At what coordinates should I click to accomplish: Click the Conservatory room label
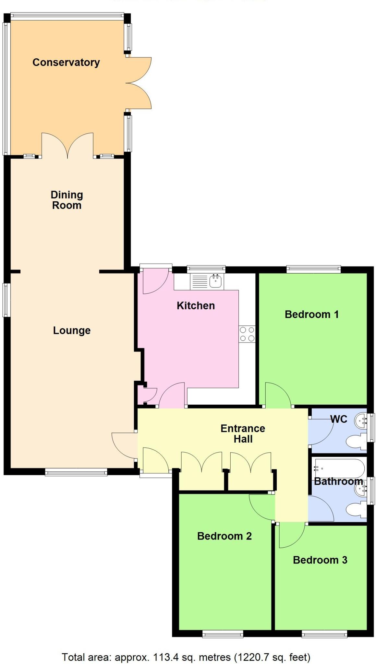coord(66,62)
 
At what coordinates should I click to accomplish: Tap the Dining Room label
coord(67,200)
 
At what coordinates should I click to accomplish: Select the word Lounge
coord(72,330)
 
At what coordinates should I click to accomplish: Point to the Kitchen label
coord(196,305)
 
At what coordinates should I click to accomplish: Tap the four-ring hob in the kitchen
coord(247,334)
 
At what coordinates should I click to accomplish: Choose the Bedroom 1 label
coord(311,314)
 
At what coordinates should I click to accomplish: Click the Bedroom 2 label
coord(224,536)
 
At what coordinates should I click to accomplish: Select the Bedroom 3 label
coord(320,560)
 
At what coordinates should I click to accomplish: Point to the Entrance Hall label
coord(243,433)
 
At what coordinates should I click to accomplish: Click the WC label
coord(338,419)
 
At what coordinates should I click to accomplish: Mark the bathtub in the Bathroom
coord(339,468)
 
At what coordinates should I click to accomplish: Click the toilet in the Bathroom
coord(356,510)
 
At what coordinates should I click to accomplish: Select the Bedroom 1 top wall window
coord(313,269)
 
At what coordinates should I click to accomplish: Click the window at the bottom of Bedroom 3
coord(324,634)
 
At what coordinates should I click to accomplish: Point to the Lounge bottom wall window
coord(76,472)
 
